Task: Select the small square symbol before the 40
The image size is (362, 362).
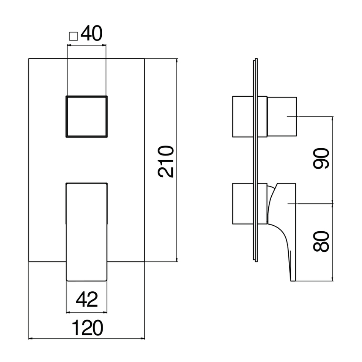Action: point(73,36)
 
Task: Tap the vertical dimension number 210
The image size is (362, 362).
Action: point(166,161)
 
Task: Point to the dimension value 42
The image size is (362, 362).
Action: point(87,300)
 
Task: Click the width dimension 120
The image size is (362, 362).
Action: point(87,328)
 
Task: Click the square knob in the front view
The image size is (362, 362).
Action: point(86,116)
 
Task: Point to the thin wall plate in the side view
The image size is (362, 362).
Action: point(255,160)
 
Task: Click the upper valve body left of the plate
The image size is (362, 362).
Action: point(243,117)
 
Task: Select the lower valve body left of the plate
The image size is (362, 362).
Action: point(243,204)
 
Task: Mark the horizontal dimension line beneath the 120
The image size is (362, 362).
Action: point(87,339)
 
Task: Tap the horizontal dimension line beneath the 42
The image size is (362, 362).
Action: point(87,311)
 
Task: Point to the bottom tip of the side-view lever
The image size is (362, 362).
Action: point(293,279)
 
